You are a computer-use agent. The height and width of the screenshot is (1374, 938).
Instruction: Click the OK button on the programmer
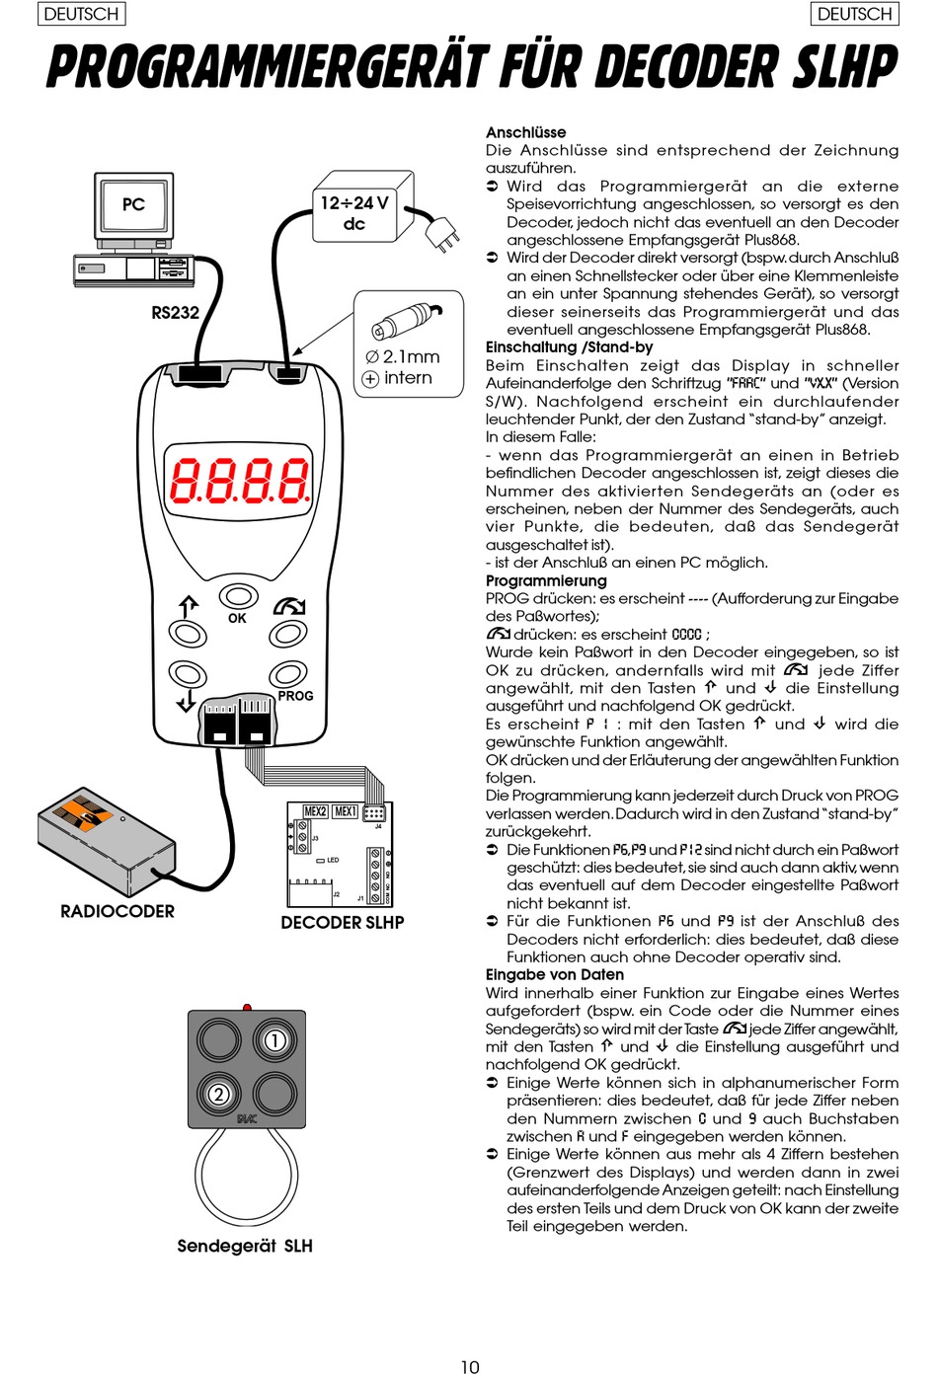click(239, 595)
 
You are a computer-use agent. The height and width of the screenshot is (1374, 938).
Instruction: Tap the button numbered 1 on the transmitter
click(274, 1040)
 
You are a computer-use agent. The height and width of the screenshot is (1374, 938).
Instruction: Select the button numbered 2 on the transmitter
click(219, 1094)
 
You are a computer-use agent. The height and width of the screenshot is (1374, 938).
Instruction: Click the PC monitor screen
click(133, 204)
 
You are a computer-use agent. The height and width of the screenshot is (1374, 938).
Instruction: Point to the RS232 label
click(176, 313)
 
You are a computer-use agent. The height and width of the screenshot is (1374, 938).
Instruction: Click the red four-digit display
click(239, 480)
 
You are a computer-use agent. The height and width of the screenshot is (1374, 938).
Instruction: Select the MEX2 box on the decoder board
click(315, 811)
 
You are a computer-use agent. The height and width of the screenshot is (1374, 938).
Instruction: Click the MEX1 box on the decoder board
click(345, 811)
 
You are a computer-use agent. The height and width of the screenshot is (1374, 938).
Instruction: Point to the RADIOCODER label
click(117, 911)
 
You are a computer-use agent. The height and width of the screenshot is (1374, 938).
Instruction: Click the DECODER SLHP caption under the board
click(343, 923)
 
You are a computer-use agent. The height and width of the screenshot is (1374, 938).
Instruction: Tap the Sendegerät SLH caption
click(245, 1246)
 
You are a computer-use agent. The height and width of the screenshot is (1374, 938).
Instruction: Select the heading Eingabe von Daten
click(555, 974)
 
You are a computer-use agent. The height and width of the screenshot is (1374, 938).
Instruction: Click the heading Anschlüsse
click(525, 132)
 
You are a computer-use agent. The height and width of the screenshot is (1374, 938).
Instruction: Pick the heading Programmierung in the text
click(546, 580)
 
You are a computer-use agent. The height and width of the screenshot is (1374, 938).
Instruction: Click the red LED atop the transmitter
click(247, 1007)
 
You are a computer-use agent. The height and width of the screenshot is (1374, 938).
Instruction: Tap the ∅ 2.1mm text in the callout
click(403, 356)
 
